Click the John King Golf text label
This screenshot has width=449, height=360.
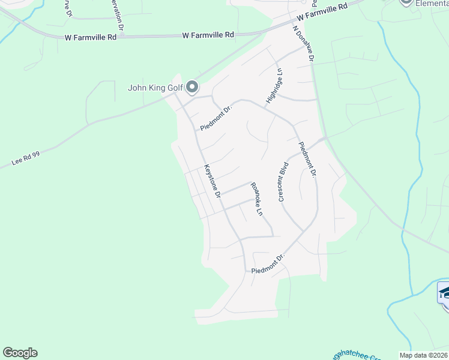(x=155, y=88)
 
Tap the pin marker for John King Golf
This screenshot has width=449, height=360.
(x=192, y=88)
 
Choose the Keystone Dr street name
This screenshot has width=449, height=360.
(x=213, y=181)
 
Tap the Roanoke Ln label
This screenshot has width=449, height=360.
(x=257, y=199)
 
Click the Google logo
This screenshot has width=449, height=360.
(x=20, y=353)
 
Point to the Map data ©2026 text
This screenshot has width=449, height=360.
(x=423, y=355)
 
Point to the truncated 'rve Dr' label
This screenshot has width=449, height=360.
(x=67, y=8)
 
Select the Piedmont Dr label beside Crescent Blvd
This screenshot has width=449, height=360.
(x=307, y=160)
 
